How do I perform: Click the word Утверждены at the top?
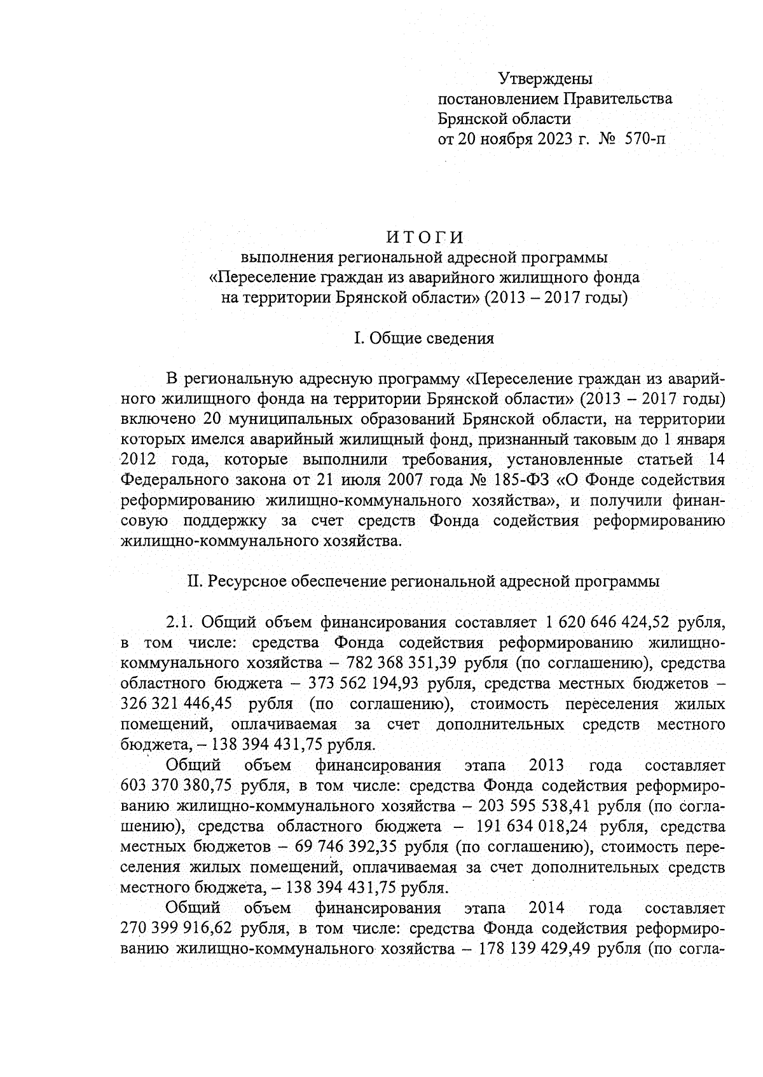click(x=545, y=79)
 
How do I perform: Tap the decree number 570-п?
click(x=645, y=138)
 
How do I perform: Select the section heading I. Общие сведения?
click(x=423, y=338)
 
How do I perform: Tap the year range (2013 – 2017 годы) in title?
click(x=556, y=297)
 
